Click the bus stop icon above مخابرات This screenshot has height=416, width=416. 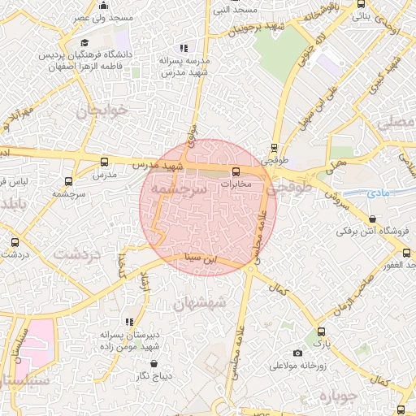click(236, 171)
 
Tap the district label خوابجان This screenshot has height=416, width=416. click(102, 111)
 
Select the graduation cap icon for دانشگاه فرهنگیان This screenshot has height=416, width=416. click(85, 43)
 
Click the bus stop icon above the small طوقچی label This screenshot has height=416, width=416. click(273, 149)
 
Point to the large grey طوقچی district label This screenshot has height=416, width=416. click(294, 188)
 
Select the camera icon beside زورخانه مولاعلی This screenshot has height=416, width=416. click(297, 353)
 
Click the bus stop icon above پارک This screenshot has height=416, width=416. click(322, 331)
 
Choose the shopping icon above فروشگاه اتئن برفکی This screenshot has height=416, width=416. click(372, 219)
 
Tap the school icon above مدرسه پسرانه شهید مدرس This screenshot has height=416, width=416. click(184, 48)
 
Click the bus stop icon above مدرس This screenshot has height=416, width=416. click(103, 161)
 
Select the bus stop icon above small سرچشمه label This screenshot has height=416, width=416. click(68, 181)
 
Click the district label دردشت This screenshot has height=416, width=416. click(78, 253)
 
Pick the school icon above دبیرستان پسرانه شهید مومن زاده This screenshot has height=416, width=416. click(128, 322)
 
